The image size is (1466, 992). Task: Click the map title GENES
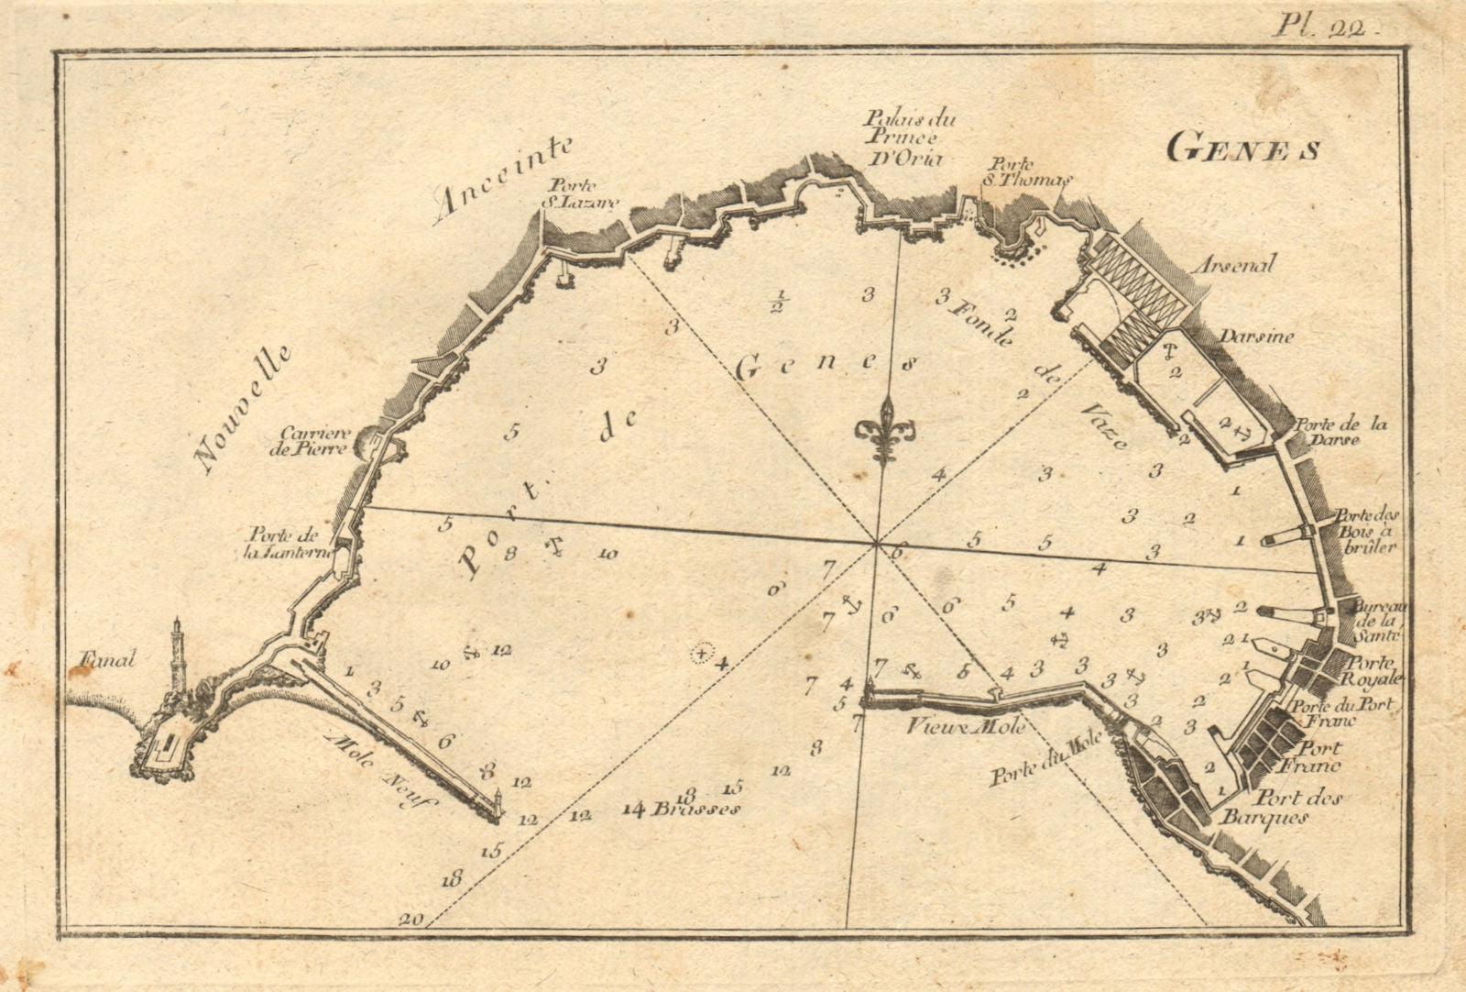click(x=1242, y=149)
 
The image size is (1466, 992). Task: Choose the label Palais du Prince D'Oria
click(x=900, y=138)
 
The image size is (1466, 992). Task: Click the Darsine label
click(x=1255, y=336)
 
